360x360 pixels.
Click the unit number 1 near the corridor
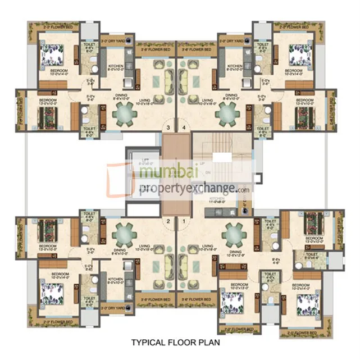click(183, 221)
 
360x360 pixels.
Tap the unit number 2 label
click(168, 221)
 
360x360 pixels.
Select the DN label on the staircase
click(209, 172)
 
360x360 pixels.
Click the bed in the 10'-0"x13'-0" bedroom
click(231, 301)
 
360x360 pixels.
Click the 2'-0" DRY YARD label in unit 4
click(231, 42)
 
